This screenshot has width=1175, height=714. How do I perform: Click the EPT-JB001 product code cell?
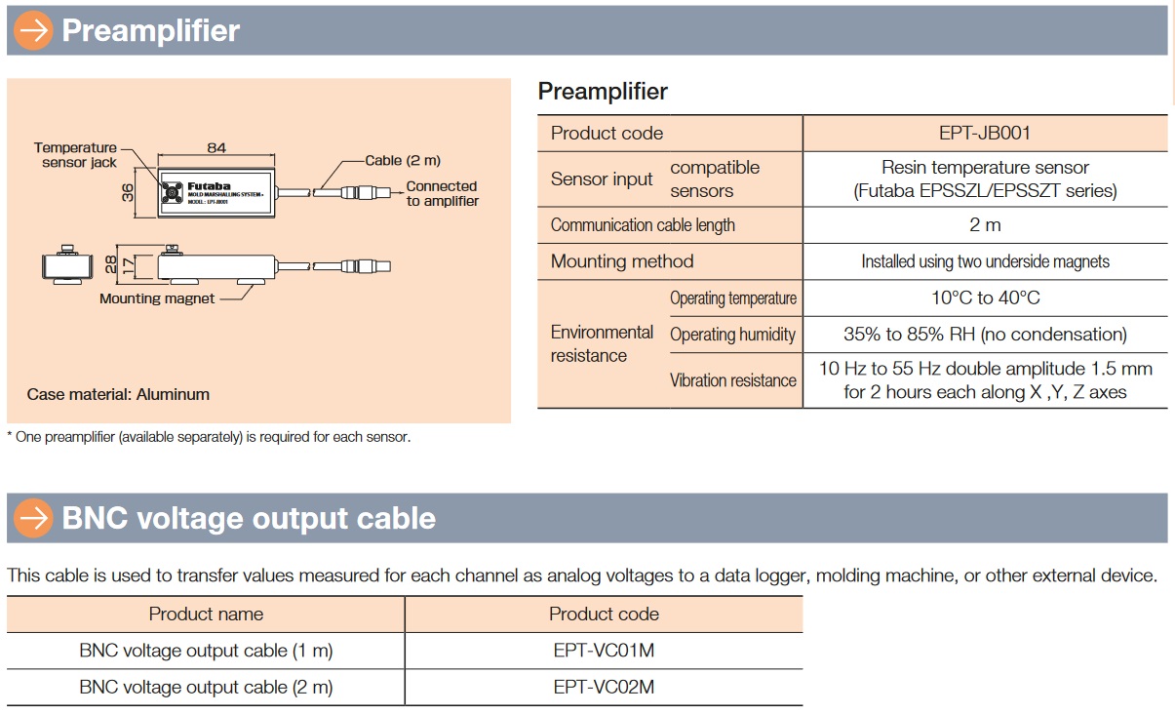pos(985,133)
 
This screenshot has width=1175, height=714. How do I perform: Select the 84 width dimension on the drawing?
pos(216,147)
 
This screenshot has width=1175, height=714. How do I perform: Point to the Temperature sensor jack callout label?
pos(76,155)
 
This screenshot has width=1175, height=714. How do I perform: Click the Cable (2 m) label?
pos(403,160)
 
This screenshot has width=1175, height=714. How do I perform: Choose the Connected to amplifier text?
pos(442,193)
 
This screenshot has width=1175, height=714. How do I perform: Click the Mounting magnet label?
pos(157,298)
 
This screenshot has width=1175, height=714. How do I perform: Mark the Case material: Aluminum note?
pos(118,395)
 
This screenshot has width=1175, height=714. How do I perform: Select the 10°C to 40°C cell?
pos(985,297)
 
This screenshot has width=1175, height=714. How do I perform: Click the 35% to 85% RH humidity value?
pos(985,335)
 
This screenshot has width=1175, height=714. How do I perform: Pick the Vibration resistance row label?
pos(733,380)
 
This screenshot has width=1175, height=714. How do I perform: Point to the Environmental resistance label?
pos(602,343)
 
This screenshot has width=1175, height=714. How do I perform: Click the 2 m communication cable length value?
pos(985,224)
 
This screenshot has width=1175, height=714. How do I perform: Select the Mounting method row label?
pos(622,261)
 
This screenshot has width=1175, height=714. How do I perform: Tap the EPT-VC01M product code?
pos(604,651)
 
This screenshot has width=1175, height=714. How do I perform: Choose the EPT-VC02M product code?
pos(604,687)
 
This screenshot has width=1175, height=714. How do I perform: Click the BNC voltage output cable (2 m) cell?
pos(206,687)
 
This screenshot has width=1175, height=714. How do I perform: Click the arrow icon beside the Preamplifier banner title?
pos(34,31)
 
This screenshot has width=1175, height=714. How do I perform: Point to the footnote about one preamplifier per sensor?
pos(209,437)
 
